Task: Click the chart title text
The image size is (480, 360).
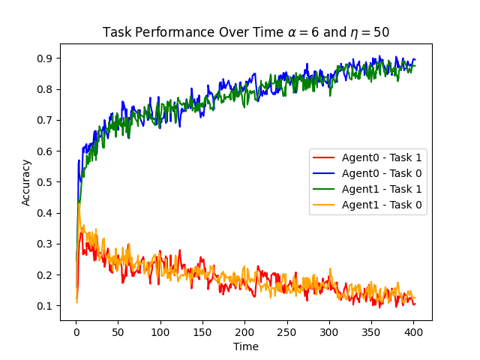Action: (x=245, y=32)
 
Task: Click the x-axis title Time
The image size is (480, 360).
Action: (x=245, y=346)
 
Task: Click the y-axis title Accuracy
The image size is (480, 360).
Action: (x=26, y=182)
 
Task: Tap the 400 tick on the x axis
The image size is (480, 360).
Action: (x=414, y=331)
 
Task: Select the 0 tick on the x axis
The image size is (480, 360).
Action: (x=76, y=331)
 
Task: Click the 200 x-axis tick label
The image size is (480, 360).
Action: (x=244, y=331)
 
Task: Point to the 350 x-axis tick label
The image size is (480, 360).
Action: (x=371, y=331)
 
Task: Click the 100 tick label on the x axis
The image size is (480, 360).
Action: (x=160, y=331)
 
